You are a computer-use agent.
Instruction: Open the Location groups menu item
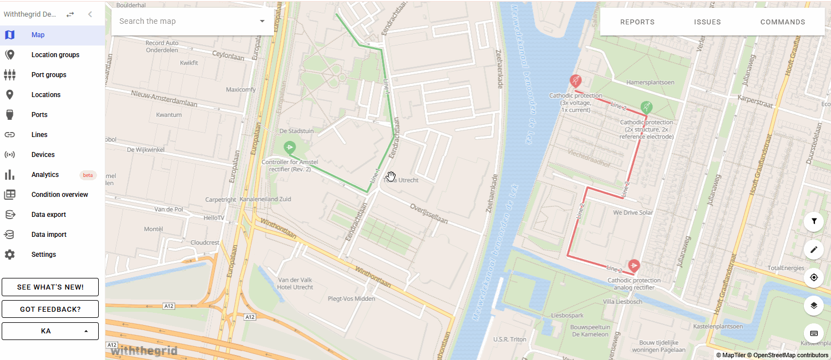[55, 55]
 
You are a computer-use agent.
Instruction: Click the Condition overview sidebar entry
[59, 195]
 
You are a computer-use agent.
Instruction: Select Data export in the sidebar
[48, 215]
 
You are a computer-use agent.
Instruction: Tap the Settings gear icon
[9, 255]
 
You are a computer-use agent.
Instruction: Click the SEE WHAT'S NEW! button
[50, 287]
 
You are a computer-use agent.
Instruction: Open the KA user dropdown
[50, 331]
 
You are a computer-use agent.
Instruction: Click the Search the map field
[186, 21]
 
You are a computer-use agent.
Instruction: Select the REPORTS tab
[637, 22]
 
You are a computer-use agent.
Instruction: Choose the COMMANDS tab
[782, 22]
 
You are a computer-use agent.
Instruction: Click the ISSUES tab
[707, 22]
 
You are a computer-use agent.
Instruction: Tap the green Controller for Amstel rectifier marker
[289, 148]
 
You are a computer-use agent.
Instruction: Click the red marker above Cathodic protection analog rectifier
[634, 266]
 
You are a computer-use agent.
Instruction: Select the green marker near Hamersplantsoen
[646, 107]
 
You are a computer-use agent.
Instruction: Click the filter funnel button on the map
[814, 221]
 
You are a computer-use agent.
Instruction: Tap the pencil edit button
[814, 250]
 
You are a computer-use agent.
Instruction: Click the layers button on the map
[814, 305]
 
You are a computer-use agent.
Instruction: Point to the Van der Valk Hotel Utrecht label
[296, 283]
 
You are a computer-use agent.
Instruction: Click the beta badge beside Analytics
[88, 175]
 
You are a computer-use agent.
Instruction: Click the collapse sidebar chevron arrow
[90, 14]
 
